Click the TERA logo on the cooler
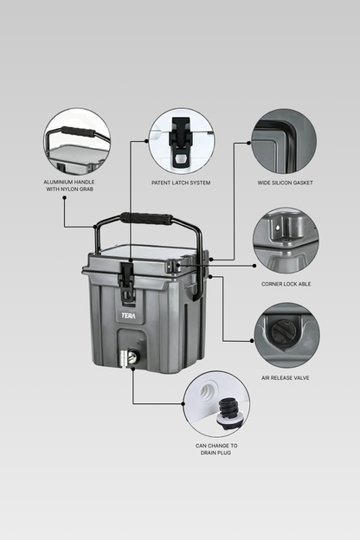click(x=128, y=316)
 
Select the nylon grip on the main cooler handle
click(x=146, y=219)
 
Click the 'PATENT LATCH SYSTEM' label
click(x=181, y=183)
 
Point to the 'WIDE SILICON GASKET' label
click(x=286, y=183)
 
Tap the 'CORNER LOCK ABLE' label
click(x=286, y=284)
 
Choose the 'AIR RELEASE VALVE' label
click(x=286, y=378)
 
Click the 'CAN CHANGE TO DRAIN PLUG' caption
click(x=216, y=449)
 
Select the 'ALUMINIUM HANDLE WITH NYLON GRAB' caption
click(x=69, y=185)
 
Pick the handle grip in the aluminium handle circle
click(x=77, y=132)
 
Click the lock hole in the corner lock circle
click(x=278, y=228)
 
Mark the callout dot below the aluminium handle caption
click(x=64, y=197)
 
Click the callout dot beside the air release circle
click(x=252, y=341)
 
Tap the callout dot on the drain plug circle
click(x=183, y=403)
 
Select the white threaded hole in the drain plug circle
click(x=208, y=391)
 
